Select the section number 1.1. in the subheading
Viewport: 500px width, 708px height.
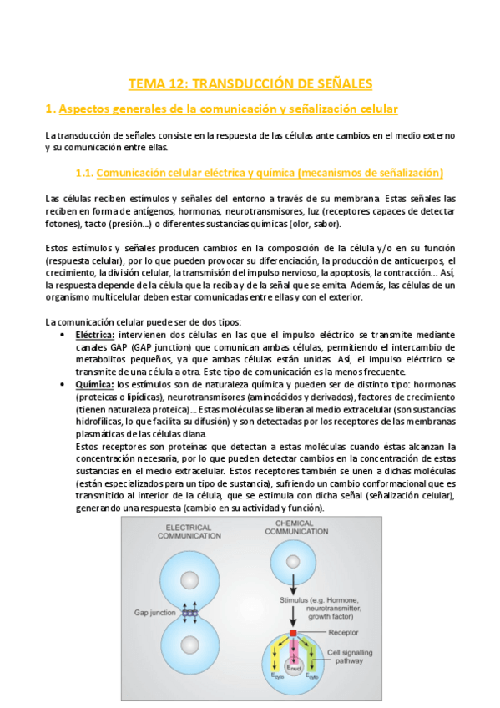pos(83,173)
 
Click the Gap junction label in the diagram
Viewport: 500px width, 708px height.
pos(154,611)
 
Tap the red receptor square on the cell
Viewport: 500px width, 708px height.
pos(294,635)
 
